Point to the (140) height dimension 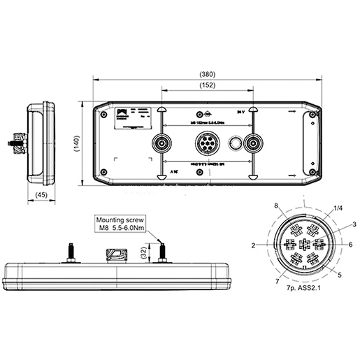tap(76, 144)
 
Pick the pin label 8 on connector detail tap(277, 206)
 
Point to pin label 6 tap(350, 245)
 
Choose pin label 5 tap(340, 275)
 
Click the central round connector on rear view tap(208, 144)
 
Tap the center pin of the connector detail tap(303, 244)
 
